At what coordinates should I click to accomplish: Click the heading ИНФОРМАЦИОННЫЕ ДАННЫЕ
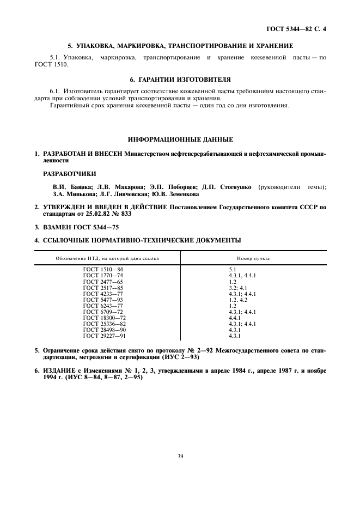pos(180,139)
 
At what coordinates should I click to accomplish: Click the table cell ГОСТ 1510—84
pos(103,269)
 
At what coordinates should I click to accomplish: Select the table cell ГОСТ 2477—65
pos(103,281)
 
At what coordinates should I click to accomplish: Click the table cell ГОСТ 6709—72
pos(103,311)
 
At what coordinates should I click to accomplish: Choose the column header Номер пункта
pos(253,258)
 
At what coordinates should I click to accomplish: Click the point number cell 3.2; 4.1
pos(238,287)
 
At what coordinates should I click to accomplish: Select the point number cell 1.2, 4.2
pos(238,299)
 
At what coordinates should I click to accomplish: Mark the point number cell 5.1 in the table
pos(233,269)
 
